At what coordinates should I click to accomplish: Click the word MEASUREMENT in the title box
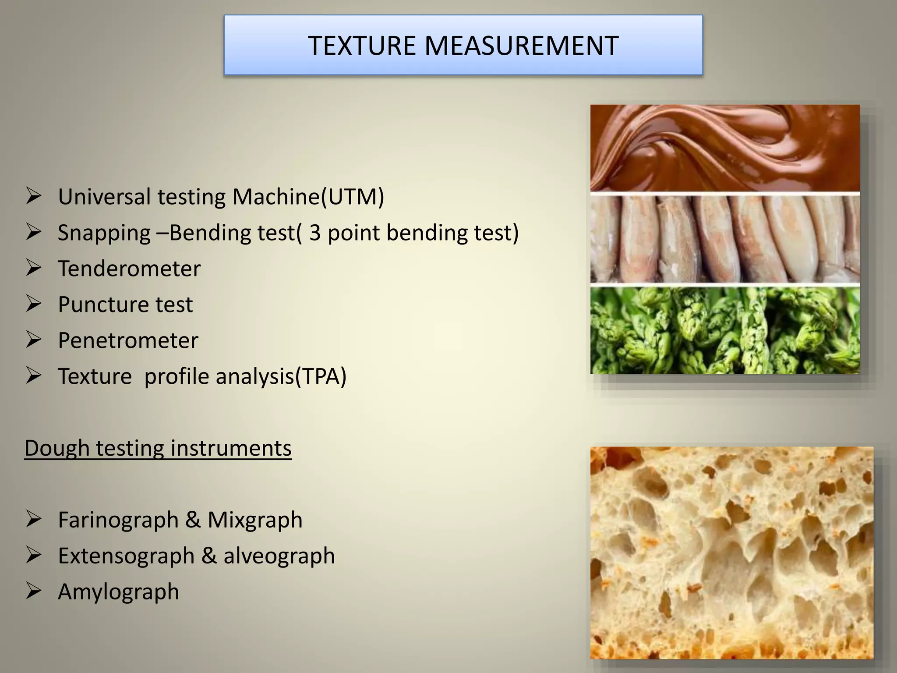(x=521, y=46)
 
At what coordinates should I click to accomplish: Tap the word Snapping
(x=104, y=233)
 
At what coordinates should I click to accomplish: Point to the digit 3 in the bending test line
(x=315, y=233)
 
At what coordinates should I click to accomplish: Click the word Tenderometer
(x=129, y=269)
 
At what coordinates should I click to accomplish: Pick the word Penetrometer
(x=128, y=340)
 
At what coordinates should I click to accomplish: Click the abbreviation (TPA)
(x=321, y=376)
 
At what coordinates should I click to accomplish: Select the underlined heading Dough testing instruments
(x=158, y=448)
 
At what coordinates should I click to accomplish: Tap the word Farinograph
(x=118, y=520)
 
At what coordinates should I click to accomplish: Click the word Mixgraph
(x=255, y=520)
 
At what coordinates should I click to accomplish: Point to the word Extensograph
(x=126, y=556)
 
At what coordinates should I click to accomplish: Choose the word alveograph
(x=279, y=556)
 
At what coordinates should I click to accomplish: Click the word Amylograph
(x=119, y=592)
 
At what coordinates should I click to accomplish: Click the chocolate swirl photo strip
(x=725, y=148)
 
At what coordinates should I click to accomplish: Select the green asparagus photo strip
(x=725, y=331)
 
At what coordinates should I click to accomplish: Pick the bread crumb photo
(x=731, y=553)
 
